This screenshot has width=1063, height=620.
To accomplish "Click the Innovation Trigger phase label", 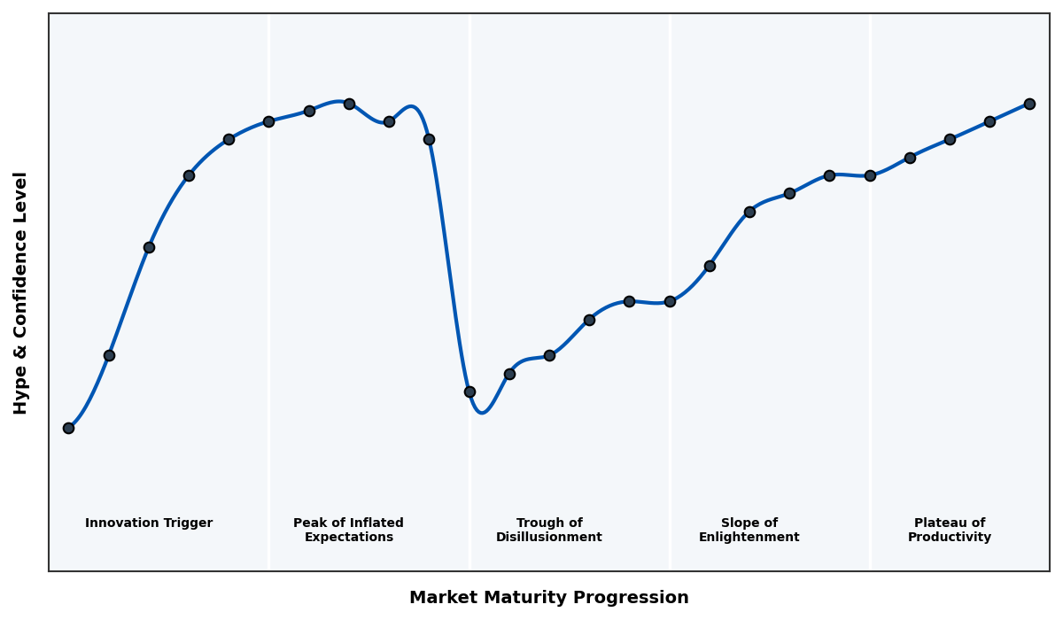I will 149,523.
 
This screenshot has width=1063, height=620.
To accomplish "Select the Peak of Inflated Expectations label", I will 348,531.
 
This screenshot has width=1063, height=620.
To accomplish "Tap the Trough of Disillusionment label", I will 548,531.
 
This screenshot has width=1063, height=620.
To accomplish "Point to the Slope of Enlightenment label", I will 749,531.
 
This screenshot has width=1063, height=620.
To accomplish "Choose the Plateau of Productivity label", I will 949,531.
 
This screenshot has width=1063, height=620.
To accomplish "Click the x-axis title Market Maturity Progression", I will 548,598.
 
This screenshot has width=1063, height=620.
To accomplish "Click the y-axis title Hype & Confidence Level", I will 21,292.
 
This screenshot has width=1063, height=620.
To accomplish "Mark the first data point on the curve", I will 68,428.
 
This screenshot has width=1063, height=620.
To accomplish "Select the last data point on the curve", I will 1029,104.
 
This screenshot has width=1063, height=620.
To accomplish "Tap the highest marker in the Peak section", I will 349,104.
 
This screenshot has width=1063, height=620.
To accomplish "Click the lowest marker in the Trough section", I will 469,391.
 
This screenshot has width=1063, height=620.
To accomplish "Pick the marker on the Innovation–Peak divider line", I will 268,121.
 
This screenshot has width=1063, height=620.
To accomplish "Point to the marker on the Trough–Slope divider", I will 670,301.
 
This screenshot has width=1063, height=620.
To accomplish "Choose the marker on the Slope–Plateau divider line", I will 870,175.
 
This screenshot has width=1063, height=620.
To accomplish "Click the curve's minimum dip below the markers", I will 481,412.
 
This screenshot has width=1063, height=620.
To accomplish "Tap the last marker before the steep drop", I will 429,139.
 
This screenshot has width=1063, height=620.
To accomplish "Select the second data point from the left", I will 109,355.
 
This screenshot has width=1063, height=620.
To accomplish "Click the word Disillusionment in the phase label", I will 548,538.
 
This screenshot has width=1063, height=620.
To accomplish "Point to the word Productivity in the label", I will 949,538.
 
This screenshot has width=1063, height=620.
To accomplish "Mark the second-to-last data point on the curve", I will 989,121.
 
